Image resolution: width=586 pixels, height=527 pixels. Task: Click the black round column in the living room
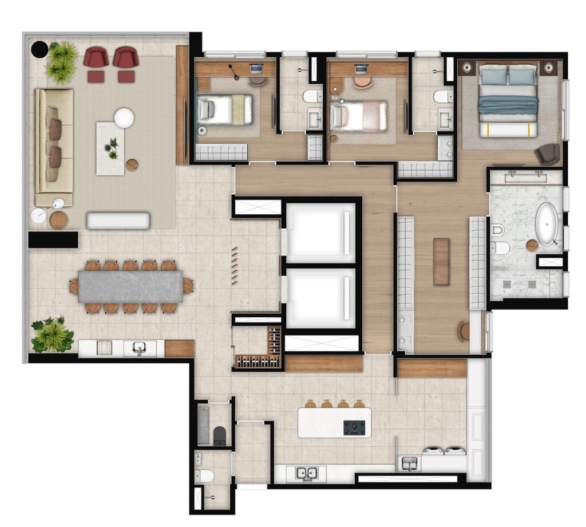click(39, 50)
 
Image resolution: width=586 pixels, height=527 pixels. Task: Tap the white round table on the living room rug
click(124, 118)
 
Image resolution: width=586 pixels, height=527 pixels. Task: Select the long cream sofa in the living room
click(54, 147)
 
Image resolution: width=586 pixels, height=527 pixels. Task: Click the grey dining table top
click(130, 286)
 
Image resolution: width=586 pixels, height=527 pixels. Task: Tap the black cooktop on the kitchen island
click(354, 427)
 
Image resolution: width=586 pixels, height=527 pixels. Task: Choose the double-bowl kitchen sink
click(306, 473)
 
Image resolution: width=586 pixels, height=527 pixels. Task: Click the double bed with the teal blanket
click(508, 101)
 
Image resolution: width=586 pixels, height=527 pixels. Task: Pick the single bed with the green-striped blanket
click(225, 109)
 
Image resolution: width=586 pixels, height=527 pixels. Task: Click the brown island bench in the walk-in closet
click(441, 262)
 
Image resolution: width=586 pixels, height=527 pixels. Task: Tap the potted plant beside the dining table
click(52, 335)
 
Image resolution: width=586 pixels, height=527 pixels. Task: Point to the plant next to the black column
click(62, 61)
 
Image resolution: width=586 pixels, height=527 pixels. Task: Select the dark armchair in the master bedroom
click(548, 154)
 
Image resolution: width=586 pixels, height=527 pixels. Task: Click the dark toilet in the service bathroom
click(220, 435)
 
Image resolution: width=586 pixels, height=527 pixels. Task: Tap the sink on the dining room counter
click(139, 348)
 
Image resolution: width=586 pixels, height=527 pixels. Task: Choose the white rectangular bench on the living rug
click(118, 221)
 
